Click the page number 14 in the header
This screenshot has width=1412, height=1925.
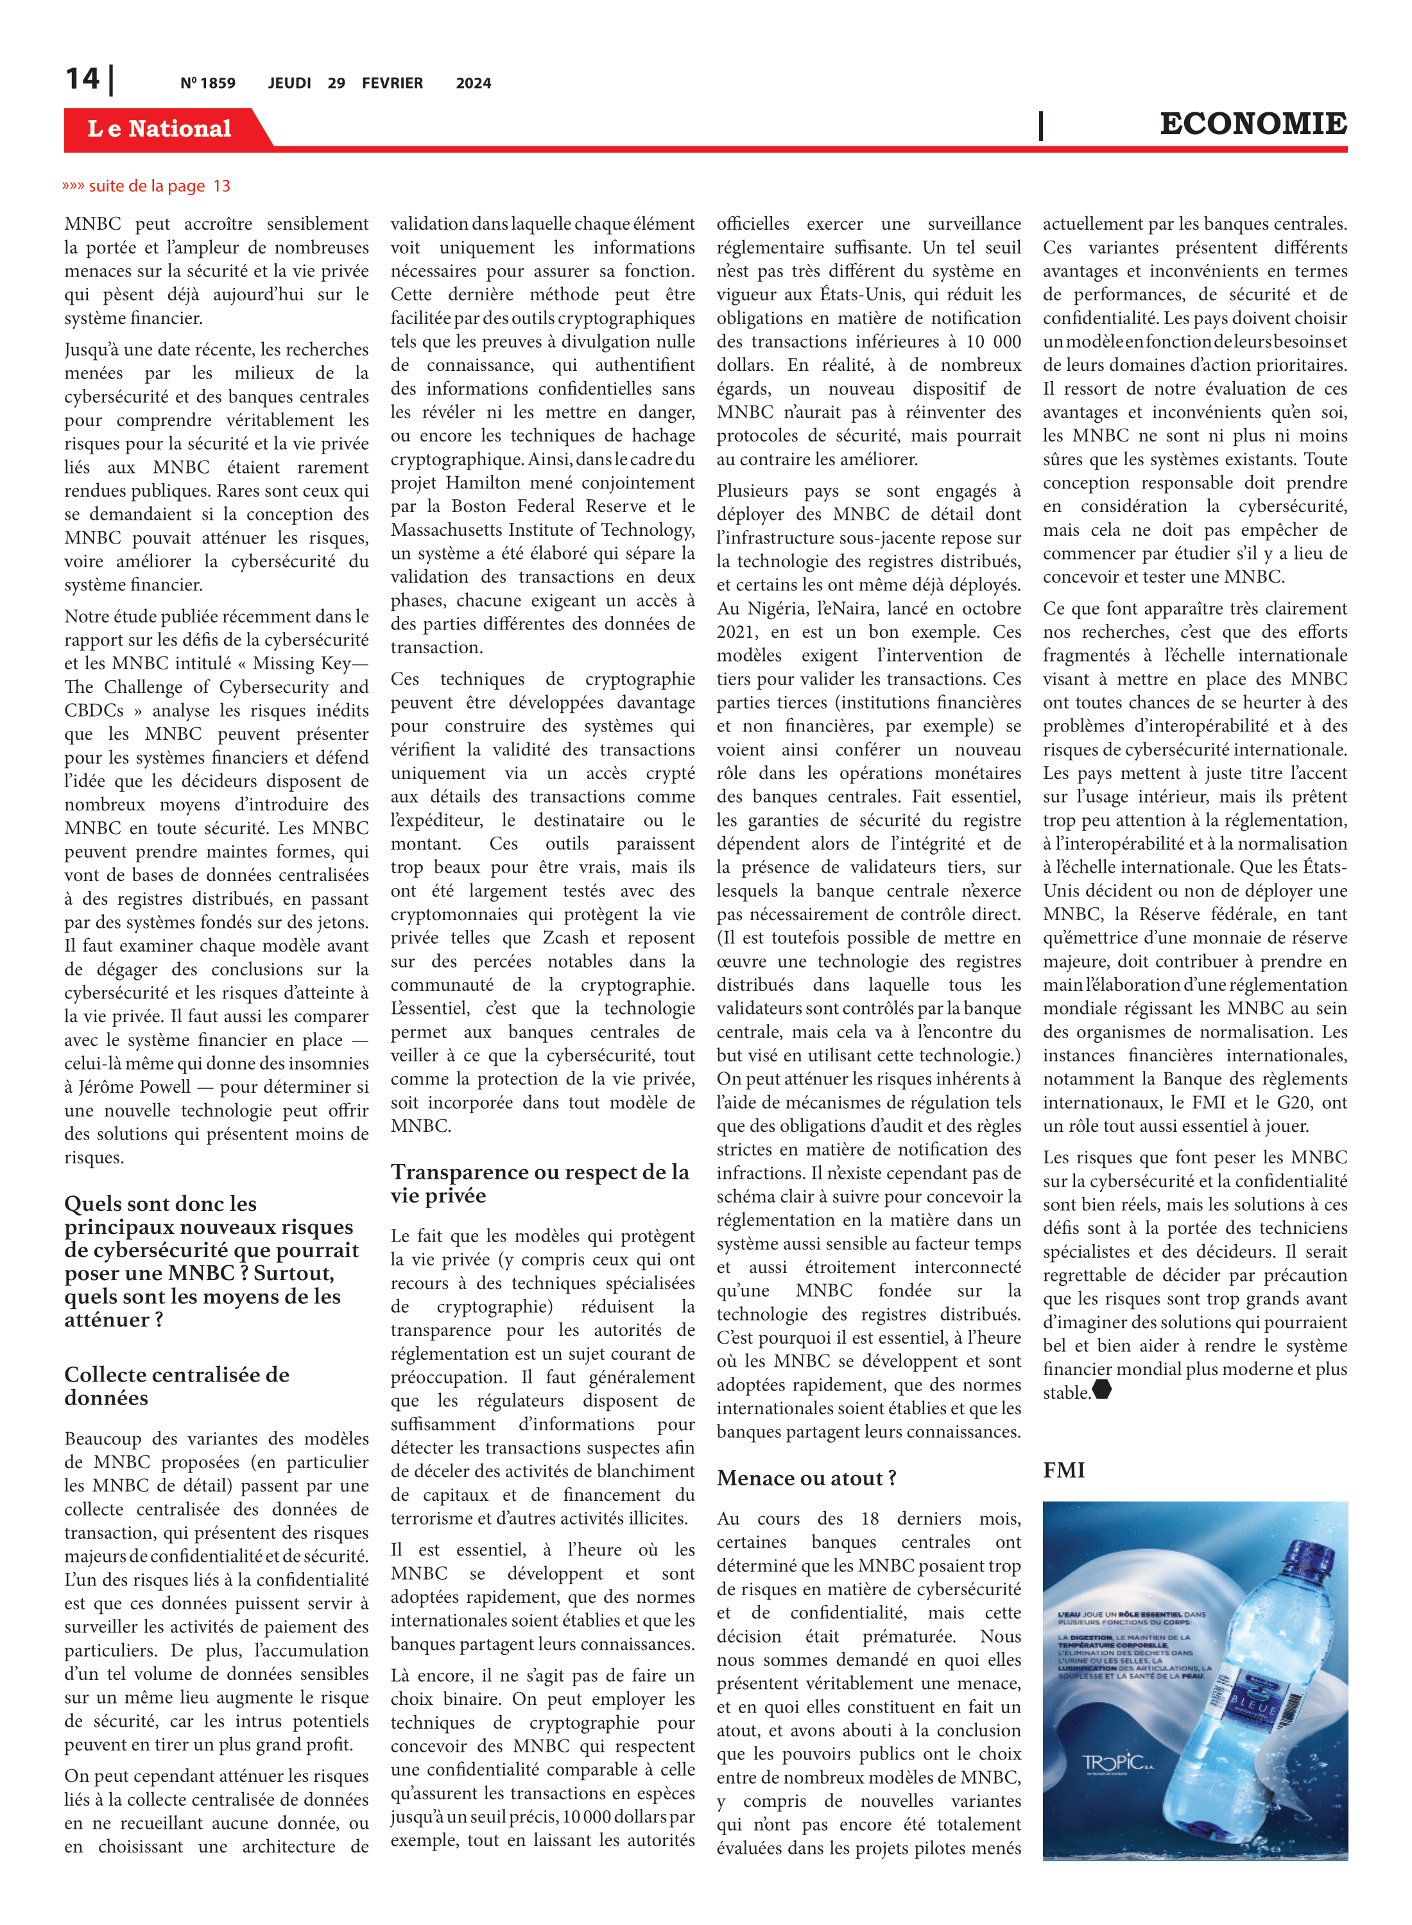(x=83, y=80)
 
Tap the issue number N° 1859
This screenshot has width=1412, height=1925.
(x=208, y=83)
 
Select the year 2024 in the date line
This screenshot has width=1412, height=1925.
(x=474, y=83)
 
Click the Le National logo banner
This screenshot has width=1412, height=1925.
(x=160, y=128)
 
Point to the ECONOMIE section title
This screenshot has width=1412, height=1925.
(x=1252, y=124)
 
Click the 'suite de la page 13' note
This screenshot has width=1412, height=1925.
(x=147, y=186)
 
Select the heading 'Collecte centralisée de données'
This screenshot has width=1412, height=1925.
(x=177, y=1386)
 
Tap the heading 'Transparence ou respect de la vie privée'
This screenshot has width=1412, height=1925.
(x=539, y=1183)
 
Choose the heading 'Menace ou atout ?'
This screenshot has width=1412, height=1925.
(x=806, y=1478)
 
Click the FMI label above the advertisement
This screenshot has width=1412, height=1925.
(x=1063, y=1469)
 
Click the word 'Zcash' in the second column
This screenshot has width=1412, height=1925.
(x=567, y=937)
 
